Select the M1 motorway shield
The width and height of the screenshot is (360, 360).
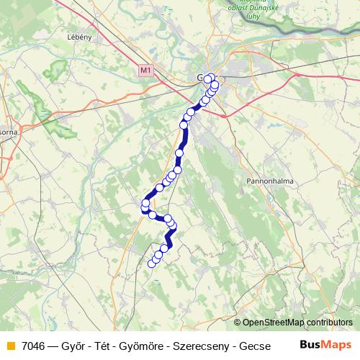(146, 71)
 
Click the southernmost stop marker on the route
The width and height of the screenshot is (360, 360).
(152, 264)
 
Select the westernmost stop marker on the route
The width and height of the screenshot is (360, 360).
(145, 204)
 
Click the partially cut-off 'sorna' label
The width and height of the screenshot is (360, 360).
(9, 132)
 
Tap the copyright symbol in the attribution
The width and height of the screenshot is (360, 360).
(238, 323)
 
